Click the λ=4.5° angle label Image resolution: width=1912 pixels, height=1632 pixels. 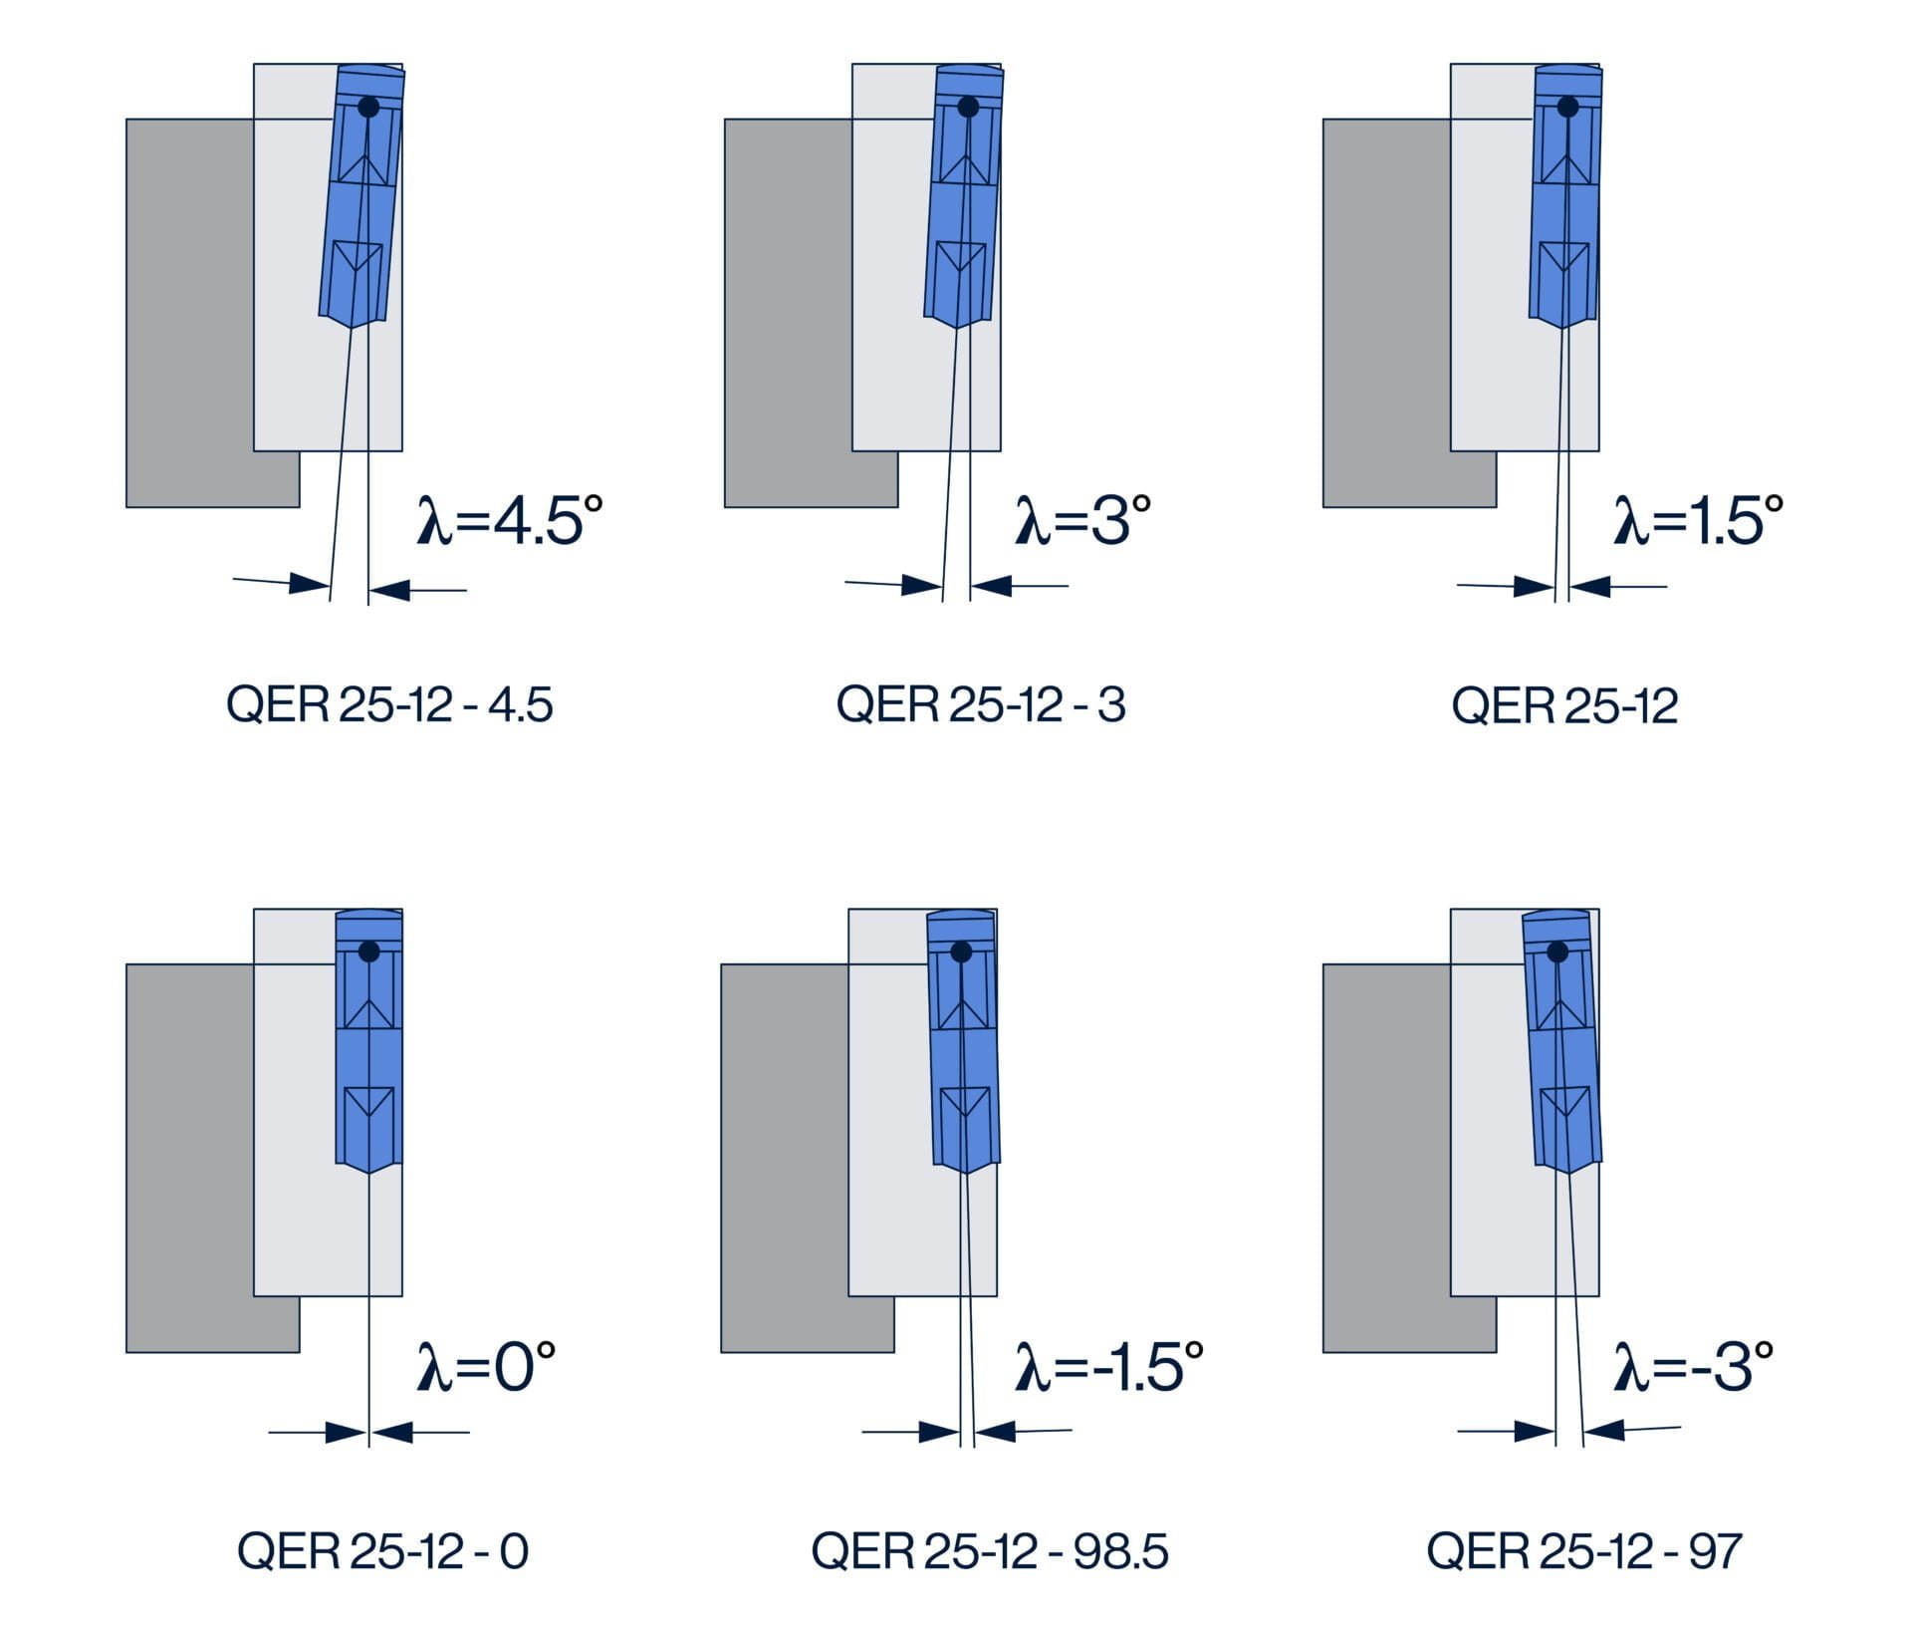(510, 521)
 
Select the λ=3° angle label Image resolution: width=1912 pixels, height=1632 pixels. (1082, 521)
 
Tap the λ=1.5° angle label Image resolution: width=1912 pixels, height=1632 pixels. (1698, 521)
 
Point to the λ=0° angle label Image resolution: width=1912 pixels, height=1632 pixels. (486, 1366)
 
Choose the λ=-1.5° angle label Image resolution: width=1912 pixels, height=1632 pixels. (1108, 1366)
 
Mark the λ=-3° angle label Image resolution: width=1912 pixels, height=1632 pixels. (1693, 1366)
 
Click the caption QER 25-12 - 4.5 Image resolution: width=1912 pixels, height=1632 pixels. (389, 705)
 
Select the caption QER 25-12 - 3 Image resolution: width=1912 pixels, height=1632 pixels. (981, 705)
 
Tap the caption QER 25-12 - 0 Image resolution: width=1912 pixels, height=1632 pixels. (382, 1550)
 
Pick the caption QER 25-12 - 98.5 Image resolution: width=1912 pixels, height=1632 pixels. (989, 1550)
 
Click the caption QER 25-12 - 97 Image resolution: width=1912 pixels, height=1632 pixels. (1583, 1550)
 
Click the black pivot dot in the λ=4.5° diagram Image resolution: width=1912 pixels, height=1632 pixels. (368, 107)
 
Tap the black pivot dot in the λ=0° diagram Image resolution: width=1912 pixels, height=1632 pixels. (368, 952)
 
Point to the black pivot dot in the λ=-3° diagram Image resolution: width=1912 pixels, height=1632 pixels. (1557, 952)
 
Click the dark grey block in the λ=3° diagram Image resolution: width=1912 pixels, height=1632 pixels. (787, 313)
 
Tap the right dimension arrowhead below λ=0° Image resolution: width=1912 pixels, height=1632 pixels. (391, 1433)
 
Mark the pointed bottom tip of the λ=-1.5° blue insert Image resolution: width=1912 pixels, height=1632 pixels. (966, 1173)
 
